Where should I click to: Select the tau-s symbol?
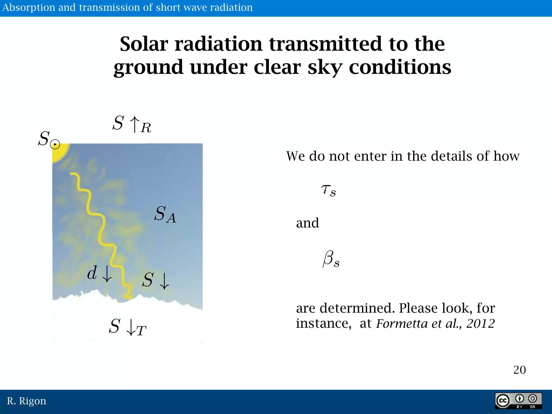pyautogui.click(x=328, y=190)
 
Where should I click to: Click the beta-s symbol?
pyautogui.click(x=331, y=259)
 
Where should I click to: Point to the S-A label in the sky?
pyautogui.click(x=165, y=215)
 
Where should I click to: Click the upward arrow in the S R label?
pyautogui.click(x=135, y=124)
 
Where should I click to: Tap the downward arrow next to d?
pyautogui.click(x=107, y=274)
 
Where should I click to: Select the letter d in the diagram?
pyautogui.click(x=92, y=273)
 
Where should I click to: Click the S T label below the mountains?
pyautogui.click(x=127, y=327)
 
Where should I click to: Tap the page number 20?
pyautogui.click(x=519, y=370)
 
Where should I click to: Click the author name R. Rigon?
pyautogui.click(x=26, y=401)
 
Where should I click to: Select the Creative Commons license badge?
pyautogui.click(x=518, y=401)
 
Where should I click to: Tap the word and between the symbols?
pyautogui.click(x=307, y=223)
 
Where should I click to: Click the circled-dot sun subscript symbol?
pyautogui.click(x=55, y=145)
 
